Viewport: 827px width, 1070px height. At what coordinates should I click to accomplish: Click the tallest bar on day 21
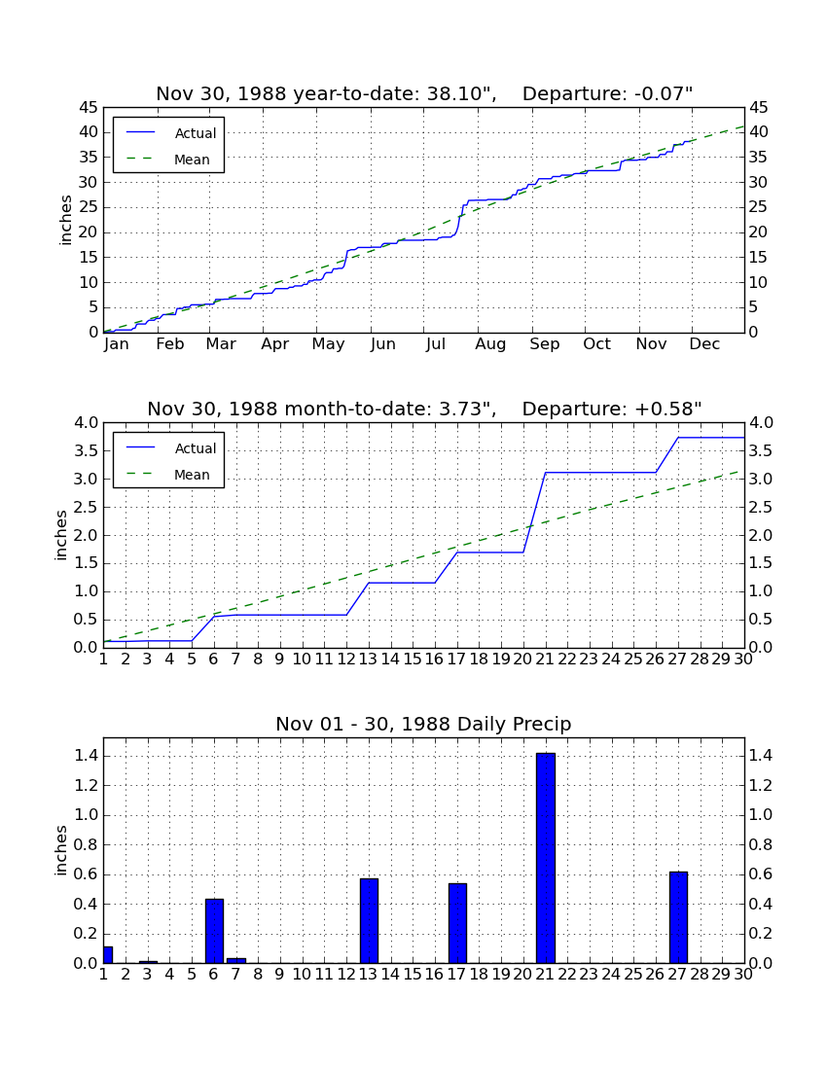[545, 858]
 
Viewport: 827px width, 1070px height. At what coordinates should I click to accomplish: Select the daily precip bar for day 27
[678, 917]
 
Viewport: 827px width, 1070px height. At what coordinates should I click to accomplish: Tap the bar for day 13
[369, 920]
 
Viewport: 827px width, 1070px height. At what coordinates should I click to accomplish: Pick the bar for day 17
[457, 923]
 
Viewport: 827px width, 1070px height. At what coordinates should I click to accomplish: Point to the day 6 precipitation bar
[214, 931]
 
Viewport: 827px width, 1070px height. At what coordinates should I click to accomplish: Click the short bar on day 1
[108, 954]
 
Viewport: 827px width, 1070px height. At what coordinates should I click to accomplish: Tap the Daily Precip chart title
[423, 724]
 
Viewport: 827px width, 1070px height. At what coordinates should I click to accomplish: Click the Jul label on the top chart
[435, 344]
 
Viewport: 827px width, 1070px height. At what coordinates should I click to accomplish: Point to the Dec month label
[704, 344]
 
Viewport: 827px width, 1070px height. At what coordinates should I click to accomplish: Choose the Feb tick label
[170, 344]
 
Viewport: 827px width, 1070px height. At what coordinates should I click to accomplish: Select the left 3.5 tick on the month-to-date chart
[87, 451]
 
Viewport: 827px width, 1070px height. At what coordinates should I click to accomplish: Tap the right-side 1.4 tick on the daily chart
[761, 756]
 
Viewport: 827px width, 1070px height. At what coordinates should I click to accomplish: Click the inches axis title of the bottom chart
[61, 850]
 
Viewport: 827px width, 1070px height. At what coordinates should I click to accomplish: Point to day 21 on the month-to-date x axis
[545, 660]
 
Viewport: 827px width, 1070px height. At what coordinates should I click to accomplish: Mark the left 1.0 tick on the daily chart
[87, 815]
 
